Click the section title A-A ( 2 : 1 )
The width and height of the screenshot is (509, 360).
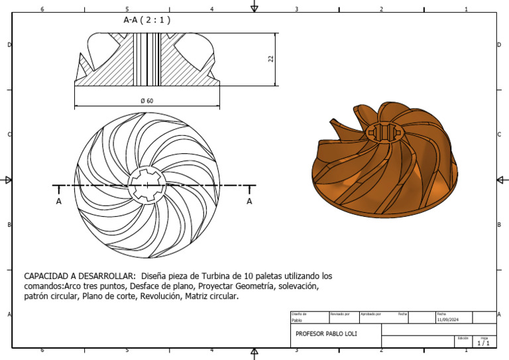[147, 20]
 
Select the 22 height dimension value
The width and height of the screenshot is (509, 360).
[270, 59]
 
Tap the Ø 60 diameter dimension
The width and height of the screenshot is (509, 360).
[146, 101]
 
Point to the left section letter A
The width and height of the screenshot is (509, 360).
[59, 201]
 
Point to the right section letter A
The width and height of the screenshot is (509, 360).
[249, 201]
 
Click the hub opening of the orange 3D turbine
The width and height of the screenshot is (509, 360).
[384, 131]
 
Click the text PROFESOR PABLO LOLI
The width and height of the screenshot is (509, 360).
[326, 333]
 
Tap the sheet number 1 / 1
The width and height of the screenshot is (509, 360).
[484, 343]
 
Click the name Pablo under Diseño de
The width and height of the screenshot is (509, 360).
[297, 320]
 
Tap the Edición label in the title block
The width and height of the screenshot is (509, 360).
[463, 337]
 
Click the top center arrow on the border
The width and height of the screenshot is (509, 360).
[254, 7]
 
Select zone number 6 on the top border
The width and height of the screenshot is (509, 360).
[42, 9]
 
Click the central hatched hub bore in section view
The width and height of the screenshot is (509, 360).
[146, 59]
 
